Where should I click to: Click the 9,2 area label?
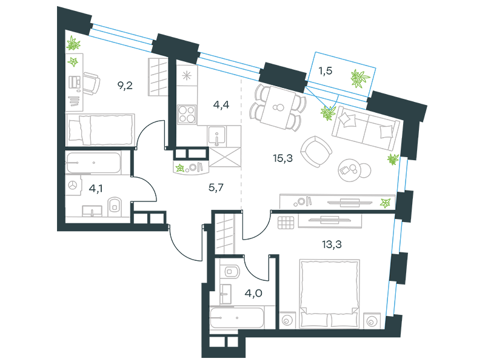[x=125, y=85]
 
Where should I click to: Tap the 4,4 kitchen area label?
[x=221, y=105]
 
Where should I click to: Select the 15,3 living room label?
[x=283, y=158]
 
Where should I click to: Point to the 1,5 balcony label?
[x=326, y=71]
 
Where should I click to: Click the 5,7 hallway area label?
[x=216, y=187]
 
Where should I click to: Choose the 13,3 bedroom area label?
[x=332, y=244]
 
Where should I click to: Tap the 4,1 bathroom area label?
[x=96, y=188]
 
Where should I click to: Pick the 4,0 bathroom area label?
[x=253, y=293]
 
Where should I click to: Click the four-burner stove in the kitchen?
[x=187, y=114]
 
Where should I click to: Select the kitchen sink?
[x=217, y=136]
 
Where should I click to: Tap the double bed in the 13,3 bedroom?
[x=329, y=294]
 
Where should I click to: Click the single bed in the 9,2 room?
[x=101, y=130]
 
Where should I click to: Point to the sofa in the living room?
[x=366, y=127]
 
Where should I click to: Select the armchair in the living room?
[x=316, y=152]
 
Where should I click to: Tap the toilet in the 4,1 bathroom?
[x=115, y=206]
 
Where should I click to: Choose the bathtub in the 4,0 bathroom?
[x=237, y=318]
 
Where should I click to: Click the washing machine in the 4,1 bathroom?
[x=73, y=186]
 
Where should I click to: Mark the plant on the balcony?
[x=360, y=78]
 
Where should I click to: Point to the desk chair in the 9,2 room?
[x=91, y=84]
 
